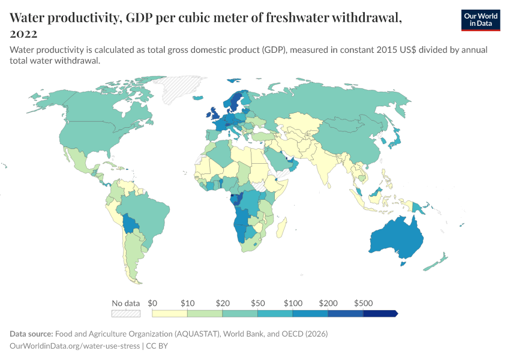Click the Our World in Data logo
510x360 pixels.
click(480, 20)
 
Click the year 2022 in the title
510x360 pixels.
click(23, 34)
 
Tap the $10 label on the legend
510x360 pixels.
click(188, 303)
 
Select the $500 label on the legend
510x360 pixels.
click(364, 303)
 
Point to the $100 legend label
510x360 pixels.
click(293, 303)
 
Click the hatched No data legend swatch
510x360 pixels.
click(126, 313)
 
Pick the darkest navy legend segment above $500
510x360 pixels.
click(380, 313)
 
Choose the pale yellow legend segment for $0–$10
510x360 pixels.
click(170, 313)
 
